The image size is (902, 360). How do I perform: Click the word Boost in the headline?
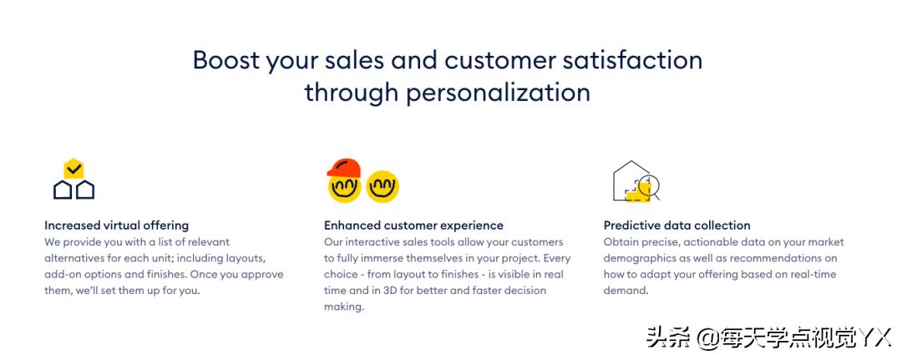(226, 60)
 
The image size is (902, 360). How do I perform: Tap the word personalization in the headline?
(498, 93)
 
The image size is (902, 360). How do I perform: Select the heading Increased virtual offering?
(116, 226)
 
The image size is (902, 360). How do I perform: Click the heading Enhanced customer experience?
(413, 226)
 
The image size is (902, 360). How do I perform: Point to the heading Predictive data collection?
(677, 226)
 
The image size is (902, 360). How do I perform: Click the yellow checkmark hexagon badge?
(73, 169)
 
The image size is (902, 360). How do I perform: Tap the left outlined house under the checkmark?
(63, 190)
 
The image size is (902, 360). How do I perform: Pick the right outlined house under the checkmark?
(85, 190)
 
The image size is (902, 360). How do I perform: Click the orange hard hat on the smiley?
(343, 168)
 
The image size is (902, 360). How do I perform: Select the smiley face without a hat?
(383, 186)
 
